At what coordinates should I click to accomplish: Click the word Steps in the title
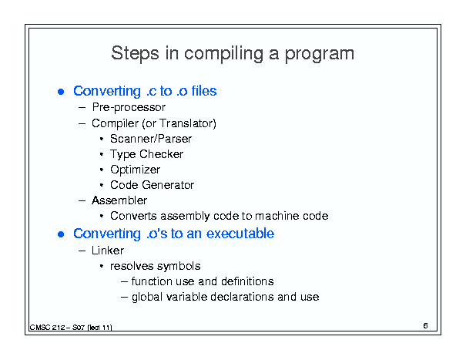[135, 53]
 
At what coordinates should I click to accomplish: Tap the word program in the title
[320, 55]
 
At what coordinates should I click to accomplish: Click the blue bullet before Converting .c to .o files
[61, 92]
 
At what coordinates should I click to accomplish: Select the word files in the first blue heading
[204, 91]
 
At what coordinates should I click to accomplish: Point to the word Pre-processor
[129, 107]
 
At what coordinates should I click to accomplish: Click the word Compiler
[115, 123]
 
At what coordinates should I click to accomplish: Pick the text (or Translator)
[179, 123]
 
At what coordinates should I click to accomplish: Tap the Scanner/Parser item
[151, 139]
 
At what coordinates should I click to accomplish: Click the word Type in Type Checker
[122, 155]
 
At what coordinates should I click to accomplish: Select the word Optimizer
[136, 170]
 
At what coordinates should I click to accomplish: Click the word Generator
[168, 185]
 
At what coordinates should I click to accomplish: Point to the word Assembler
[119, 200]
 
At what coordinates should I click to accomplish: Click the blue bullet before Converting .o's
[61, 234]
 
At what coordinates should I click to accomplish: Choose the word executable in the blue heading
[240, 234]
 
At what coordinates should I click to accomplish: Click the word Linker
[108, 251]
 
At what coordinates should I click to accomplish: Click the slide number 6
[426, 326]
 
